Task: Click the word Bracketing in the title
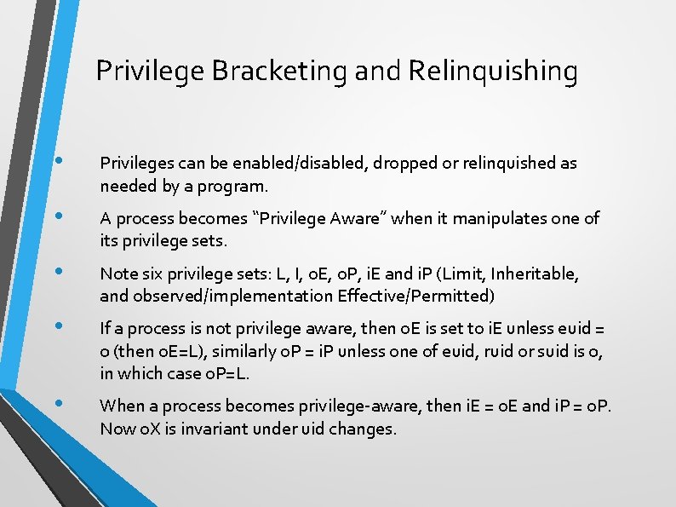tap(278, 71)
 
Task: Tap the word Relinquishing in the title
tap(493, 71)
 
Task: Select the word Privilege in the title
tap(149, 71)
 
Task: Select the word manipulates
tap(499, 218)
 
